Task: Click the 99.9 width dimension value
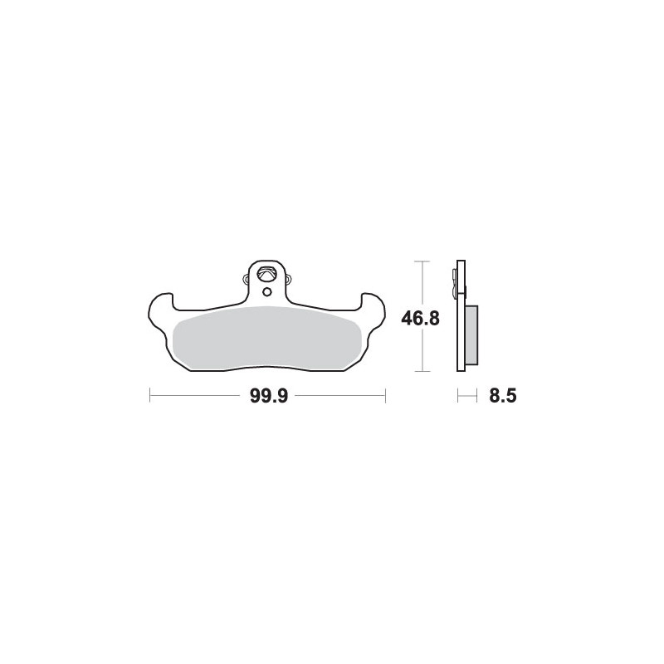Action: pos(269,397)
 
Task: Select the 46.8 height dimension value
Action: pos(421,319)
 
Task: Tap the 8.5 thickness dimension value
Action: pos(503,397)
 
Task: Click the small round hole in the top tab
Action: pos(266,291)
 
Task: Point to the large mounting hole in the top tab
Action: pos(267,273)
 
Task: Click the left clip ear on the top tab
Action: pos(246,279)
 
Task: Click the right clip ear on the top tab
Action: pos(289,279)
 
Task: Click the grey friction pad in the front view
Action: pos(267,337)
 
